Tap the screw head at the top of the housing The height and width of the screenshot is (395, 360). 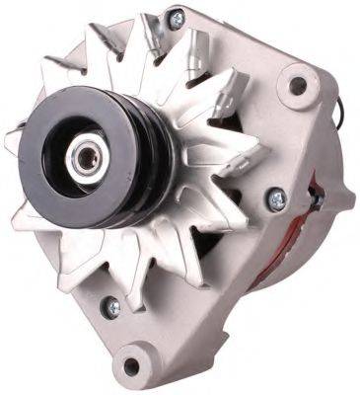[x=176, y=17]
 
